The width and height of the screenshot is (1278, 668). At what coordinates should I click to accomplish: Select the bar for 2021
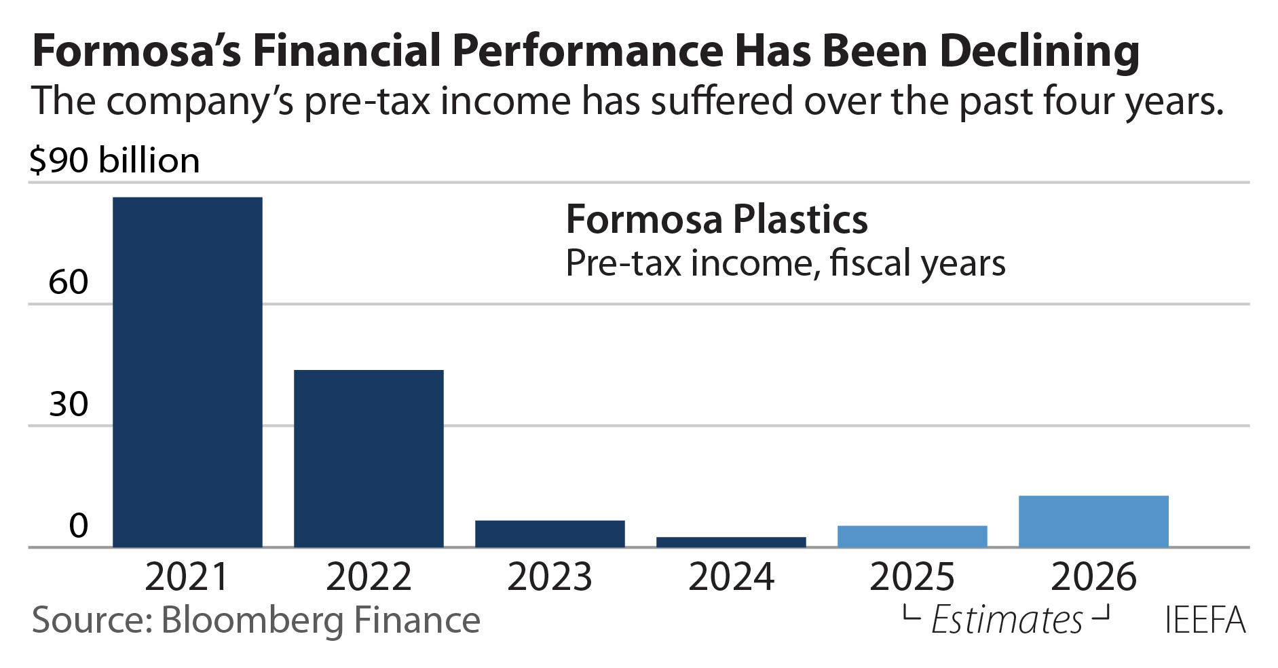187,372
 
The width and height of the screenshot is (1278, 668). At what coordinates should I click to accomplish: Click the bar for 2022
369,458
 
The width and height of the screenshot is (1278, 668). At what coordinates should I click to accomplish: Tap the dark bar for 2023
550,534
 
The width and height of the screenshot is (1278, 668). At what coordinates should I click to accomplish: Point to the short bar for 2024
731,542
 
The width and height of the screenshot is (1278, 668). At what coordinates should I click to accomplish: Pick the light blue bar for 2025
912,536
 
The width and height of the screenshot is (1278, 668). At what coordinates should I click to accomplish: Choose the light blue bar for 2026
1093,521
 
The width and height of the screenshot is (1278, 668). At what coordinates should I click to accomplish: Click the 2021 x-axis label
187,577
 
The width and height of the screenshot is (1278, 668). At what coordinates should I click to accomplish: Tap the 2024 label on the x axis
731,577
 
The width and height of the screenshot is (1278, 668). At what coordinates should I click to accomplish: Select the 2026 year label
1093,577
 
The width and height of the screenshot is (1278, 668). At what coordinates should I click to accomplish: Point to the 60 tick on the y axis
69,282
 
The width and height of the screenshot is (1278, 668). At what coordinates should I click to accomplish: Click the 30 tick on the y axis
69,404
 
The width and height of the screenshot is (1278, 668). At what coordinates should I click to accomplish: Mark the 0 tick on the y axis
79,525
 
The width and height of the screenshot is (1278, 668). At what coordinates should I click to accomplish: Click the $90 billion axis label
115,161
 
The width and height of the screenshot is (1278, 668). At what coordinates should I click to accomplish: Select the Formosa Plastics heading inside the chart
717,219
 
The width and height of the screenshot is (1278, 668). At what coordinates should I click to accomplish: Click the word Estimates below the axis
1007,620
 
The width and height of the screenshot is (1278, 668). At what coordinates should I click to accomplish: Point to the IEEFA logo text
1205,620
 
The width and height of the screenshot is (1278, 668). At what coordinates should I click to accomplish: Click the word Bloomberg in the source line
253,620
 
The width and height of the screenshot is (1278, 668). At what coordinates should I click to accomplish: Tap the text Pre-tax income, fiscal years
785,263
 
